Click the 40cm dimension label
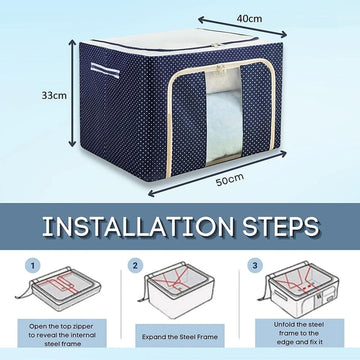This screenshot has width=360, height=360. point(249,19)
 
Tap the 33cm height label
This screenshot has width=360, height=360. point(54,95)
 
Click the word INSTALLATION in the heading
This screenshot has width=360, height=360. point(138,227)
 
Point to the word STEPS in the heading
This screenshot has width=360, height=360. point(280,227)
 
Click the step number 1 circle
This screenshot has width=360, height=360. point(33,266)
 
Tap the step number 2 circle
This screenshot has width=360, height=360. point(135,266)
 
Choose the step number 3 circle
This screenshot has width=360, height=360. point(255,266)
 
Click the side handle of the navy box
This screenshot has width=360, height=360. point(105,70)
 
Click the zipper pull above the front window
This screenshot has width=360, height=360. point(220,70)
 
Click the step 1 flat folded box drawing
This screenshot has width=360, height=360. point(58,288)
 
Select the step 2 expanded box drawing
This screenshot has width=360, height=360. point(176,290)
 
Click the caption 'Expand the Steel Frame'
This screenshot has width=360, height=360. point(180,337)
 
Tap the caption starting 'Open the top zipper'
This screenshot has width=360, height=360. point(62,335)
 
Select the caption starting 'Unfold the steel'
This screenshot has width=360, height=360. point(299,333)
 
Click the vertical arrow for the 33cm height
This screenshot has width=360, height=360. point(72,93)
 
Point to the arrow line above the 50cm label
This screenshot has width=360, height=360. point(217,173)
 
